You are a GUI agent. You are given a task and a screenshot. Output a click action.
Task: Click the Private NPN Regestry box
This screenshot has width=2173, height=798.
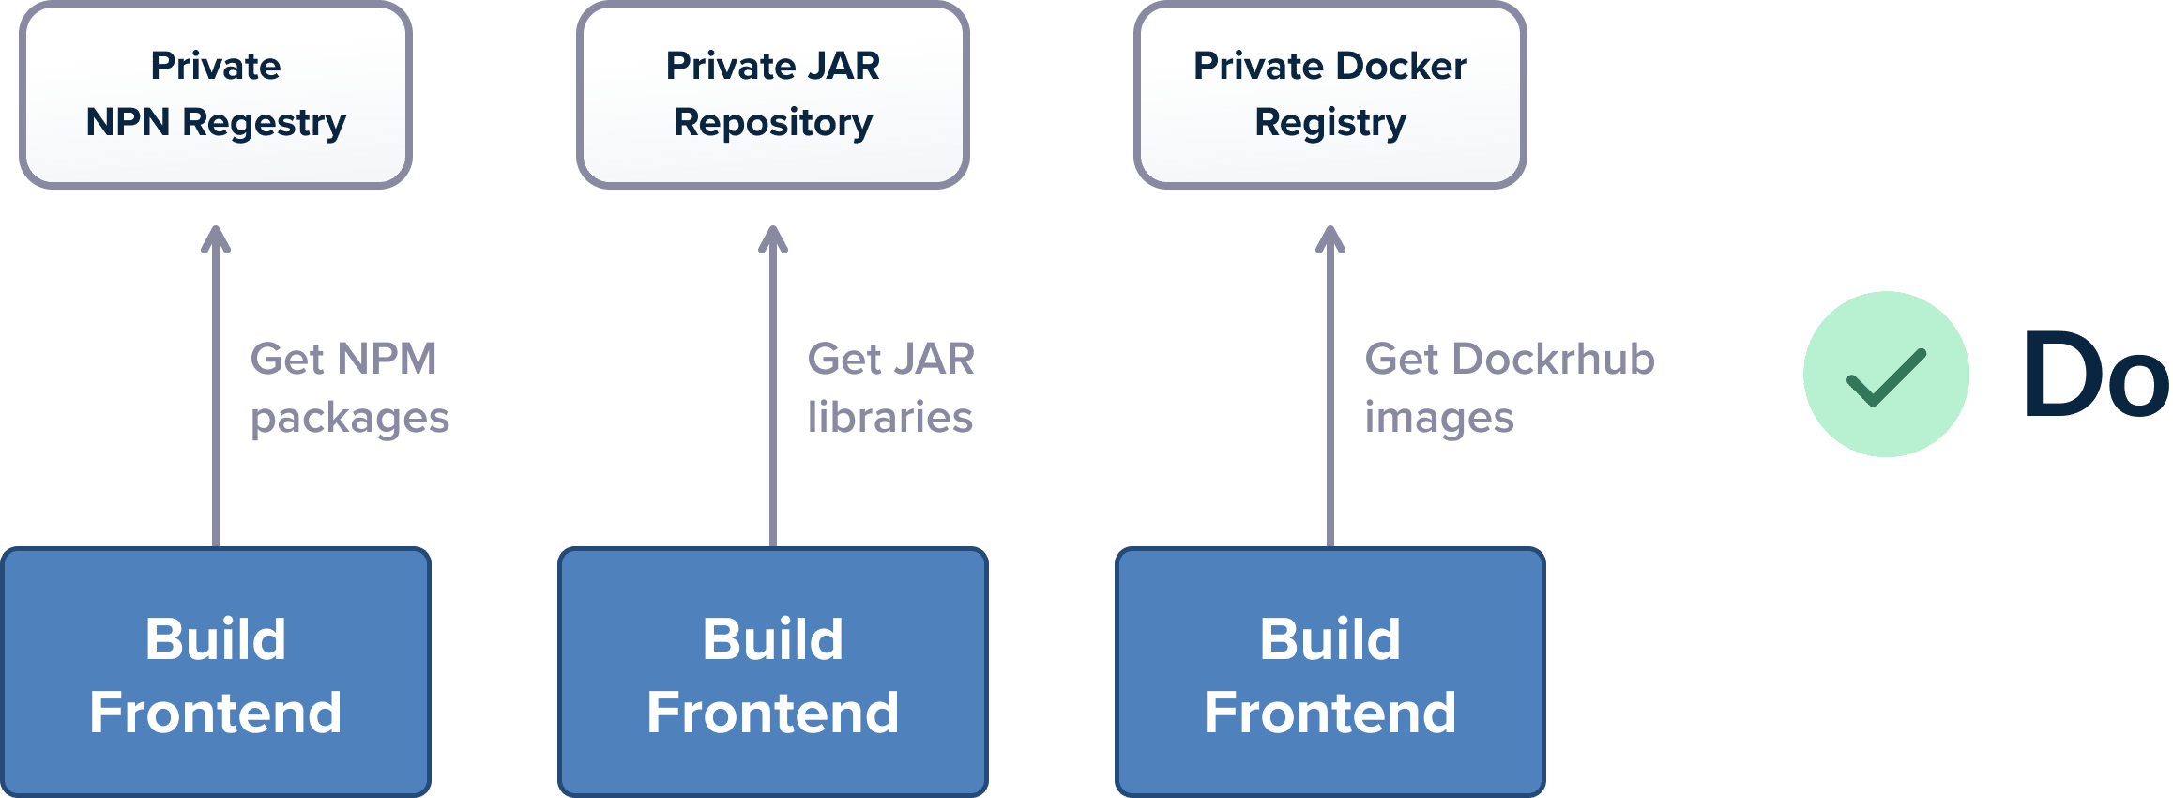click(216, 95)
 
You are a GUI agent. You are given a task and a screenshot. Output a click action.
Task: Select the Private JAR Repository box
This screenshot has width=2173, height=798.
click(773, 95)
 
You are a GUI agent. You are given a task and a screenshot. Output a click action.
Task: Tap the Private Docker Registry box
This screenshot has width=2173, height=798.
click(1330, 95)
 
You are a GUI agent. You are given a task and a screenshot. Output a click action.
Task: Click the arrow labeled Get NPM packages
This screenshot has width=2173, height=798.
click(216, 386)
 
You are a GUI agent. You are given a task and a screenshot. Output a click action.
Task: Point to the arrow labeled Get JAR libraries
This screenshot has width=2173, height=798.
click(773, 386)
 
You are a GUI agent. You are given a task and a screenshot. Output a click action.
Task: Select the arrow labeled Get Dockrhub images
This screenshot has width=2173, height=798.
click(1330, 386)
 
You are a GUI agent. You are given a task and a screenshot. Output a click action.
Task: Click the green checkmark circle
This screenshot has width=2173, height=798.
click(1886, 375)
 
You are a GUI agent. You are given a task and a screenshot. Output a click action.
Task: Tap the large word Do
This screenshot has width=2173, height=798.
click(2096, 375)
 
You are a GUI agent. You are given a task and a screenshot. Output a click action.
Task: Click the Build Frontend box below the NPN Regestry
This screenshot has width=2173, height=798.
click(216, 672)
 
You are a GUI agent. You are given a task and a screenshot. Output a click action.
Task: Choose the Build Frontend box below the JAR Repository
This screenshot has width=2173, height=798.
click(773, 672)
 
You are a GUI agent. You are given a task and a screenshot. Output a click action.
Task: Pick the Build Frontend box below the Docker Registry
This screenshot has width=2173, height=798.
click(1330, 672)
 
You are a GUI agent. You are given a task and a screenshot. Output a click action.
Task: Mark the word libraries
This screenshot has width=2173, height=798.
click(890, 417)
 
